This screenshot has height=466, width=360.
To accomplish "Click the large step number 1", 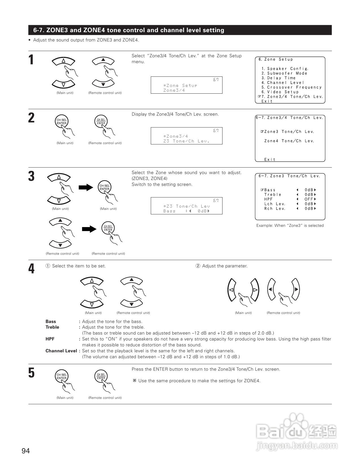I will (31, 60).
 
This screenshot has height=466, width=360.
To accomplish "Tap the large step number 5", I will (31, 373).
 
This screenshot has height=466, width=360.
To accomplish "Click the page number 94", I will (26, 451).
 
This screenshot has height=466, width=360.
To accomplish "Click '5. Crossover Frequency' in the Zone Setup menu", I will (291, 87).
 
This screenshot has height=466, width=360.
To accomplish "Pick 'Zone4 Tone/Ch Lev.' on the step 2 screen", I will (289, 141).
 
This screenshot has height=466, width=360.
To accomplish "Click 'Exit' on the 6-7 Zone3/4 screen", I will (270, 160).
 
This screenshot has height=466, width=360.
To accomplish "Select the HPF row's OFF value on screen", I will (309, 199).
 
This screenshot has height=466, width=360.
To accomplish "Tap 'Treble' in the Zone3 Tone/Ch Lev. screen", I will (273, 195).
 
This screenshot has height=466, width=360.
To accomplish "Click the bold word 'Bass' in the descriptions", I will (51, 322).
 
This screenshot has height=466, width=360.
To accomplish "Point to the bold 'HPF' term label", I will (50, 339).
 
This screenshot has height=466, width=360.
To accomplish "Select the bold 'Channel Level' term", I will (61, 351).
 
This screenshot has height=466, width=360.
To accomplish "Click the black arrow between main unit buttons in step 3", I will (86, 187).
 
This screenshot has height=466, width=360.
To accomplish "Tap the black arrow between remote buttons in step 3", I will (89, 229).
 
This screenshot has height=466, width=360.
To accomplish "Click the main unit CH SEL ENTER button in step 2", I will (62, 122).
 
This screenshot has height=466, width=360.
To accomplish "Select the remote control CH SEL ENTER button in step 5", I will (101, 377).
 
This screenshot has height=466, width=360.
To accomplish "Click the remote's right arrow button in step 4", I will (295, 289).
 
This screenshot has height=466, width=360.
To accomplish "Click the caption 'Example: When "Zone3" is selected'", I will (290, 226).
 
